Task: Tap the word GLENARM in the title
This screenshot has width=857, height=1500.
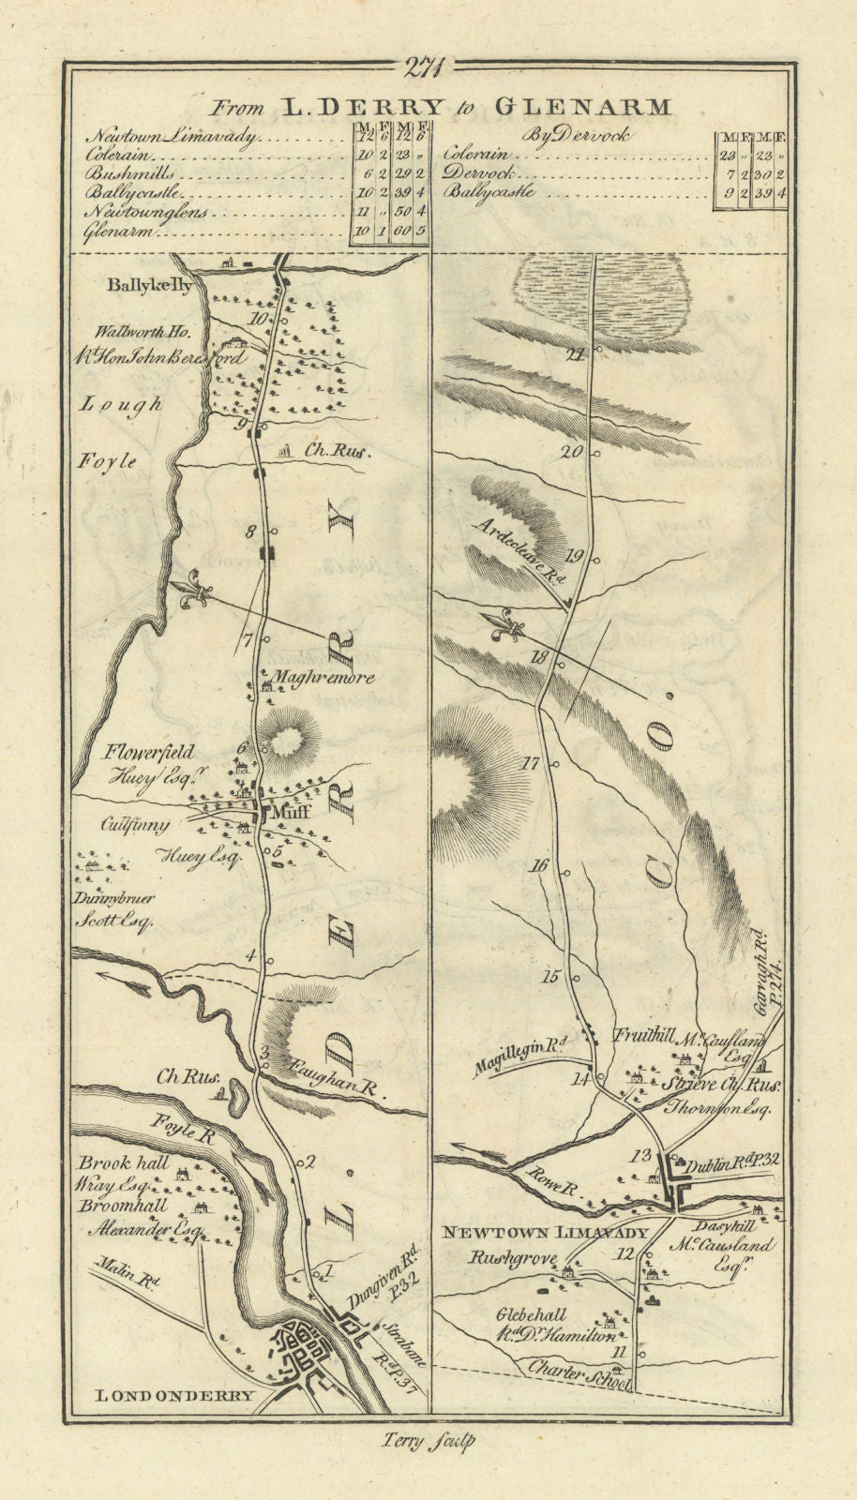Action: (596, 107)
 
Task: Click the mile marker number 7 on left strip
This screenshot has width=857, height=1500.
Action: (248, 641)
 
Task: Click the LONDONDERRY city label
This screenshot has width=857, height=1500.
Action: (175, 1396)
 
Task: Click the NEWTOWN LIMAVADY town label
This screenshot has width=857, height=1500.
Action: (545, 1233)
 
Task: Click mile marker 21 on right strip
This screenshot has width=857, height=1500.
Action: (576, 354)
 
